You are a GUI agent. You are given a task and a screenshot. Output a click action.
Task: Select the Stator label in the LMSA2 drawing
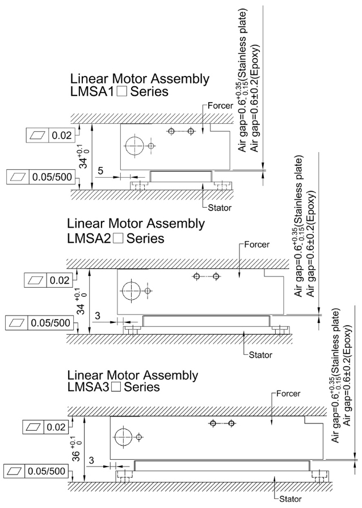(x=261, y=355)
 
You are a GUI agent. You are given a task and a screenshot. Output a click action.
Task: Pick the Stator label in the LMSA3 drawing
(x=292, y=499)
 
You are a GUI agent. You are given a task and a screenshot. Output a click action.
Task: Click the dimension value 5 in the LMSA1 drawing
(x=100, y=170)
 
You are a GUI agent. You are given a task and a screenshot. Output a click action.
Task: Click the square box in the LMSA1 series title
(x=121, y=91)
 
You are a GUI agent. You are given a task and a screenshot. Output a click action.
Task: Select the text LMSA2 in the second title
(x=90, y=238)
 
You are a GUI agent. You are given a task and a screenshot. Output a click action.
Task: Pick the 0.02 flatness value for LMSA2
(x=59, y=280)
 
